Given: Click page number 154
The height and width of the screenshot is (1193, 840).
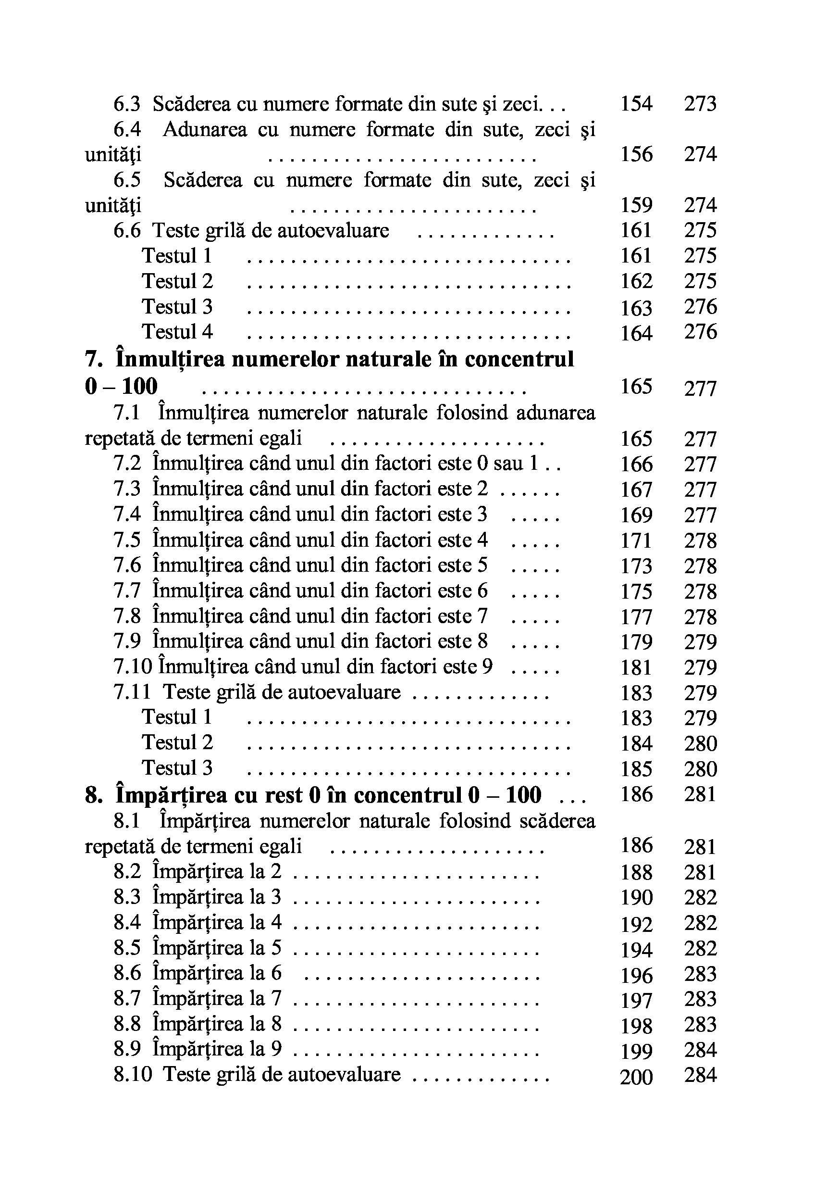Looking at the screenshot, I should coord(637,104).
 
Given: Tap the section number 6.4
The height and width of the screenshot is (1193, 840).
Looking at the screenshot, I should coord(127,129).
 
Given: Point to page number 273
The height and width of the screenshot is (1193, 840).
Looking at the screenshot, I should coord(700,104).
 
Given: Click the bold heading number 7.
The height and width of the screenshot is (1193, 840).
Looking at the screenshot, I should coord(93,360).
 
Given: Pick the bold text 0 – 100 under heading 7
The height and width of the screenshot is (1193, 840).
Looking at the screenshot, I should coord(121,387).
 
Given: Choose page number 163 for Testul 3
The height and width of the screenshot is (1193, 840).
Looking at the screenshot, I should coord(637,308).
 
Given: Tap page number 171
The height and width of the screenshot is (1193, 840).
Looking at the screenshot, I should coord(637,541).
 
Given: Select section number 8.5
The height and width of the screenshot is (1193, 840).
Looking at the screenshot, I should coord(127,948).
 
